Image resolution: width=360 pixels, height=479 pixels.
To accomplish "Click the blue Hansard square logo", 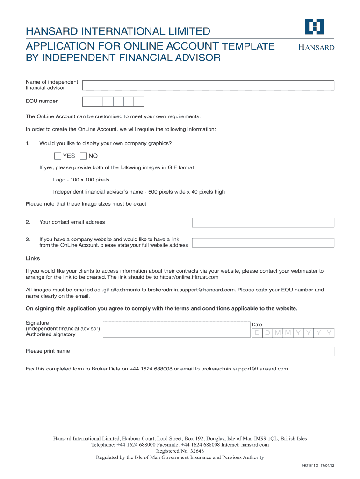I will click(314, 27).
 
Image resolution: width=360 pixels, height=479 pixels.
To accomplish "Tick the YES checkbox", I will click(58, 156).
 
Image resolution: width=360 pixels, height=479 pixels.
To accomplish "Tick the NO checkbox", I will click(84, 156).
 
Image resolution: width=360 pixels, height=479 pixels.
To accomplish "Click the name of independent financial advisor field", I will click(208, 85).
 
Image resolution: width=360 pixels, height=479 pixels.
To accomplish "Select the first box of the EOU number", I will click(87, 102).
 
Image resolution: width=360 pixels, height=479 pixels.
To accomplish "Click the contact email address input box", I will click(263, 223).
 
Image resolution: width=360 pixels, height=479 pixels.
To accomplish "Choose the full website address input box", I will click(263, 243).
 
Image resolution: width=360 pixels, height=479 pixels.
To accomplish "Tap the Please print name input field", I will click(218, 351).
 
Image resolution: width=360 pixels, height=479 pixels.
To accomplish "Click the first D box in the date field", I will click(257, 333).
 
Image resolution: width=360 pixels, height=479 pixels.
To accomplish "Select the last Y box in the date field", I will click(329, 333).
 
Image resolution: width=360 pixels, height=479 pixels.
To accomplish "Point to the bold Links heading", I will click(33, 258).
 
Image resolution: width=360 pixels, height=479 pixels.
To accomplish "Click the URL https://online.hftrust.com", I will click(189, 277).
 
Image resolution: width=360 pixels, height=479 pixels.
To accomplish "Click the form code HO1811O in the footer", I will click(310, 466).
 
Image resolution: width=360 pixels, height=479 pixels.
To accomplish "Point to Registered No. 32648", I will click(180, 451).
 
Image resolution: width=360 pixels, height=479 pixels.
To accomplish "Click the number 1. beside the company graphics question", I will click(28, 143).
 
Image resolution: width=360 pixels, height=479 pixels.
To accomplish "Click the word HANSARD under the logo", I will click(317, 47).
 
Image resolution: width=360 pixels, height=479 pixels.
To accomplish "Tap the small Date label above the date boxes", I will click(257, 325).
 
